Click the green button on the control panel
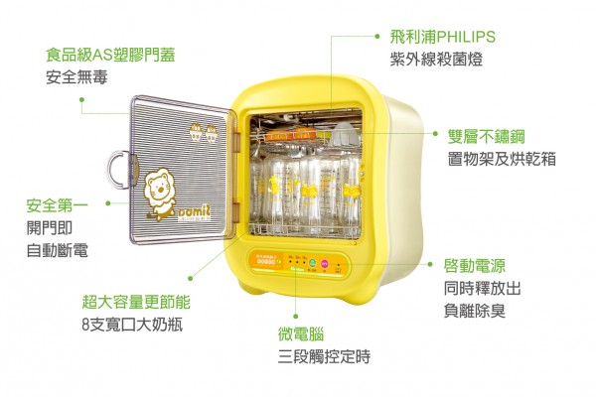[x=312, y=264]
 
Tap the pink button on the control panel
[x=323, y=264]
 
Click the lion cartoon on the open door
[x=158, y=189]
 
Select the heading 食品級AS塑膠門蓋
[x=110, y=55]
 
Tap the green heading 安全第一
[x=57, y=205]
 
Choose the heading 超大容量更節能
[x=135, y=301]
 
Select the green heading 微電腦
[x=301, y=333]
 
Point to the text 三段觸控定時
[x=324, y=356]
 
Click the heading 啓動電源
[x=475, y=265]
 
